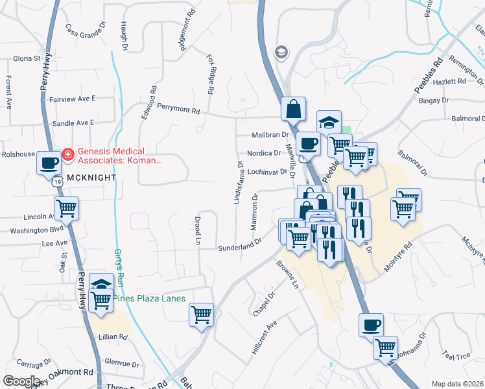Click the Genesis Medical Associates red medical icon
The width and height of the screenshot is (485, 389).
[x=67, y=155]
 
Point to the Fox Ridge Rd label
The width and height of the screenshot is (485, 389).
[x=210, y=75]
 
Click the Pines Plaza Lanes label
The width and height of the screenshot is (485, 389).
[x=150, y=298]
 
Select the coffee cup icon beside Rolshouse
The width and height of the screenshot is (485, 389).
[x=49, y=163]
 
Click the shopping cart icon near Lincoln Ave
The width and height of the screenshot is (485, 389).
[x=67, y=208]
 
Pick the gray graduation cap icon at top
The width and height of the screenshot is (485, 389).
[x=281, y=52]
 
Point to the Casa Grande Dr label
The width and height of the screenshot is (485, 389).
[x=85, y=29]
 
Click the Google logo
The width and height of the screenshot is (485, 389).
[x=21, y=381]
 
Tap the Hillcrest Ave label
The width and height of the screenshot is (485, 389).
[x=264, y=335]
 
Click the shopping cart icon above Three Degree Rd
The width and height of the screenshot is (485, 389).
[x=201, y=315]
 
